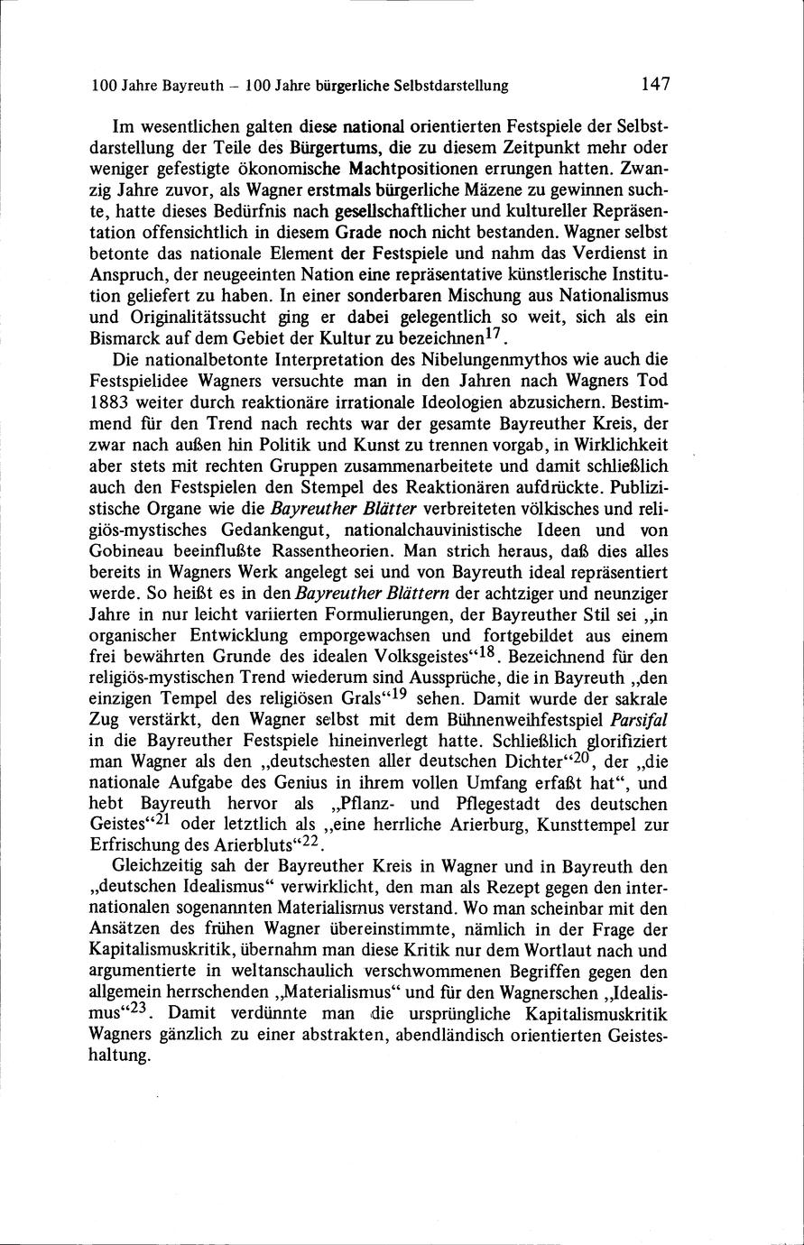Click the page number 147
pos(655,85)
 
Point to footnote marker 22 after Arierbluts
pos(310,840)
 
